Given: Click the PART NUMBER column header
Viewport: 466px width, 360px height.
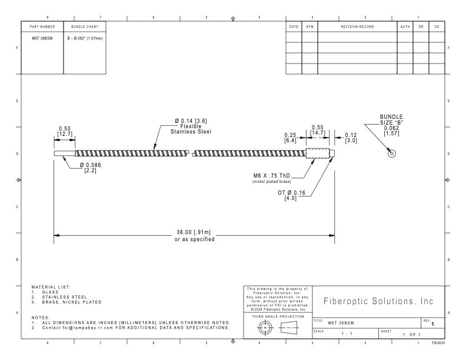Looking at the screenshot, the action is [42, 26].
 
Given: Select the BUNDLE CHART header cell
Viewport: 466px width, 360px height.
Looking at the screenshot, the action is [85, 26].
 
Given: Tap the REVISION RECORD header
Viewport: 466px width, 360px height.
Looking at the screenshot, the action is [357, 26].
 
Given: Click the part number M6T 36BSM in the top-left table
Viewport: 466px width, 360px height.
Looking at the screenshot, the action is [42, 38].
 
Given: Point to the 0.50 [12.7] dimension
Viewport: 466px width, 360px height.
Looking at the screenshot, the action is [65, 131].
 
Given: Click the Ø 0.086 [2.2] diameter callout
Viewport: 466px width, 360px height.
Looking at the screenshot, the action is [91, 168].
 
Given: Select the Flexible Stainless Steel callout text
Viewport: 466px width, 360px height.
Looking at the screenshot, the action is [191, 129].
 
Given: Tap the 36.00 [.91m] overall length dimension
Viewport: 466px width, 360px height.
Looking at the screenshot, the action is [194, 232].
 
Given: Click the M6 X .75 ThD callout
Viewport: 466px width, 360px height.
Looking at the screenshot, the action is [272, 175].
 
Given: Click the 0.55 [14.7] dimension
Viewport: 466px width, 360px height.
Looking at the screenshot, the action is [318, 130].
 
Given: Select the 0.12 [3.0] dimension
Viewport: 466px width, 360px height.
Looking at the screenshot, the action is [351, 138].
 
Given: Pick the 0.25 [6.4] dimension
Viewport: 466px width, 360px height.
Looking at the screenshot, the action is [290, 138].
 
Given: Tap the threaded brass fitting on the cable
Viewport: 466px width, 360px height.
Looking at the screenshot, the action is [317, 154].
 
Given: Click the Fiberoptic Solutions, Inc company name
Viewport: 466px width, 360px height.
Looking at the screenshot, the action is [378, 301].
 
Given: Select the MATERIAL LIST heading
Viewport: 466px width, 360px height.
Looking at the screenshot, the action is [51, 287].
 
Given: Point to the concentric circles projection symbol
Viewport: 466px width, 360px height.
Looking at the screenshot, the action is [265, 328].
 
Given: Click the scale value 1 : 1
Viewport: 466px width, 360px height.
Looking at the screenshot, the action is [347, 334].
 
